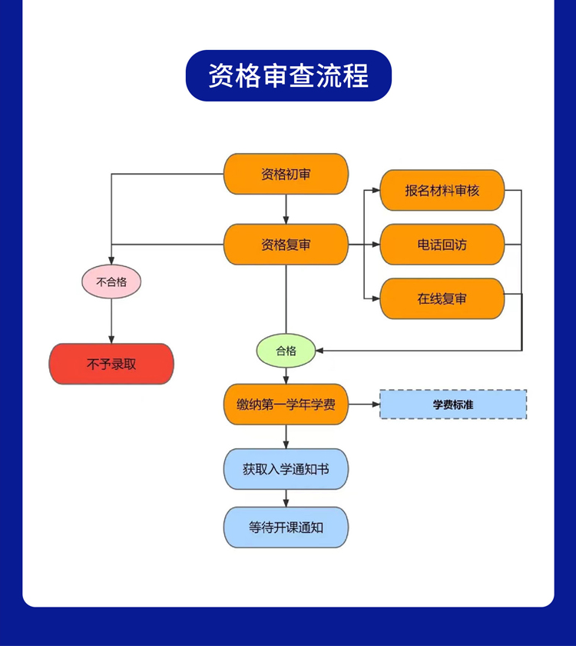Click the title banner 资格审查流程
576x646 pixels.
click(288, 75)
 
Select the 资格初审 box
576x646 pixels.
click(286, 174)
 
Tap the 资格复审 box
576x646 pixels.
click(286, 245)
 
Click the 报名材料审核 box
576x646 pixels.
click(442, 190)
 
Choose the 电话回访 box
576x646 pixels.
click(442, 245)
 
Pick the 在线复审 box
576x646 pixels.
click(442, 298)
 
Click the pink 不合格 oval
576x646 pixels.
click(111, 281)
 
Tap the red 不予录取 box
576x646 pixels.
click(111, 364)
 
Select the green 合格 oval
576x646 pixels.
click(286, 351)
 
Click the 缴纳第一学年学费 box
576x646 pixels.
click(286, 404)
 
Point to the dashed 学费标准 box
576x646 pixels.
click(453, 404)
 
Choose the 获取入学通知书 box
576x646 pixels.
click(286, 468)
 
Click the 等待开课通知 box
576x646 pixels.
click(286, 528)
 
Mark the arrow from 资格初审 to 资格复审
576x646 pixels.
click(286, 209)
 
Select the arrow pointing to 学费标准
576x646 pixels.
click(364, 404)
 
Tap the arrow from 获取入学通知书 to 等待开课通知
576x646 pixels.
click(286, 498)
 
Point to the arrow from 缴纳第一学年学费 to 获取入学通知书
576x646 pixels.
click(286, 436)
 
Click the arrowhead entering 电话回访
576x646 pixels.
click(376, 245)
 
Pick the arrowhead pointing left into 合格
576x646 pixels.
click(320, 351)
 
